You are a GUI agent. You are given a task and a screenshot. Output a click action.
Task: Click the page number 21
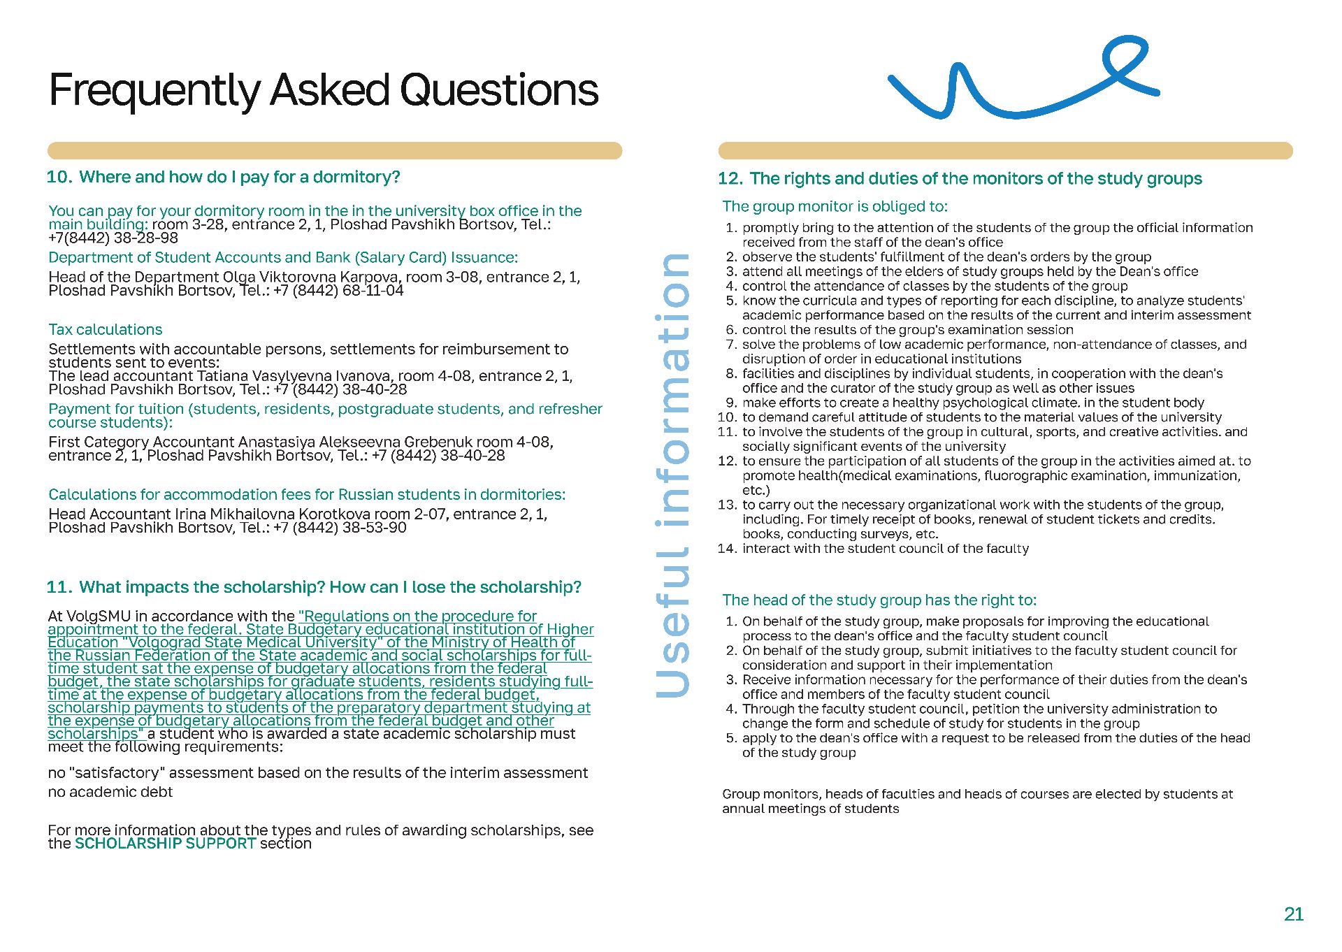[1293, 914]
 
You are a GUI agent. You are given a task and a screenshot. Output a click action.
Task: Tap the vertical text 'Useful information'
[672, 475]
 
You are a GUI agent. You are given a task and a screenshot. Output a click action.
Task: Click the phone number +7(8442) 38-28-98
[113, 238]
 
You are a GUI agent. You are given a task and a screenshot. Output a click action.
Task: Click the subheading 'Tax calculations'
[105, 329]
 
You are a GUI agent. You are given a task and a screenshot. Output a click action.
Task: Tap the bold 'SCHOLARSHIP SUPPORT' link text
[165, 843]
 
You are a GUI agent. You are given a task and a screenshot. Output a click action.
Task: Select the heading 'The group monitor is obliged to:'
[835, 206]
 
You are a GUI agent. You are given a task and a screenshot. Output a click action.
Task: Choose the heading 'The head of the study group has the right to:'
[879, 600]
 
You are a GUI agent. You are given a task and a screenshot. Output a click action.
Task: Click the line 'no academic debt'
[110, 791]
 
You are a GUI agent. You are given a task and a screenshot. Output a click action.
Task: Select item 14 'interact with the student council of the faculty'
[885, 549]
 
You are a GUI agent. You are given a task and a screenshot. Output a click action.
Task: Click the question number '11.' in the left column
[59, 587]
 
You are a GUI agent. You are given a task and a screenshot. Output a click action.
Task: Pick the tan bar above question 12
[1004, 151]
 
